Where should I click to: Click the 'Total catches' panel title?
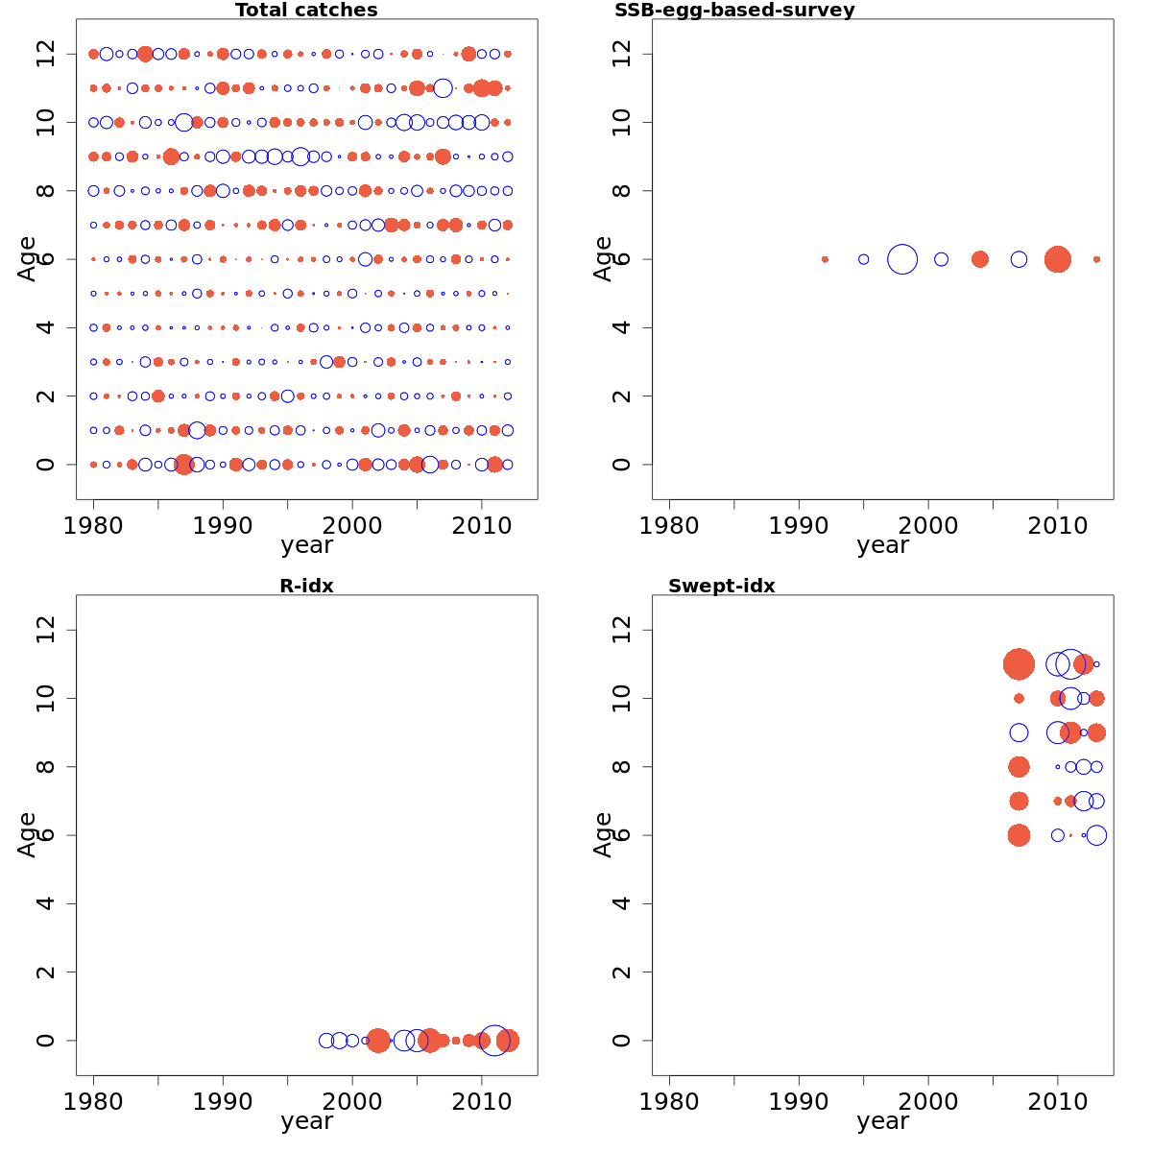point(306,11)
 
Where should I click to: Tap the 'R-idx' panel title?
point(306,586)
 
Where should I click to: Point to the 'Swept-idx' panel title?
point(721,586)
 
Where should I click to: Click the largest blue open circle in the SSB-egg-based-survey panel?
point(902,259)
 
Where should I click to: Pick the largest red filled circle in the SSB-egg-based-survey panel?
point(1057,259)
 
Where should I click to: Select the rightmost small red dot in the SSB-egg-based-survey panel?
point(1096,259)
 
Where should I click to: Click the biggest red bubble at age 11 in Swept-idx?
point(1019,664)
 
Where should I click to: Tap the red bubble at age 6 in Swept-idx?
point(1019,835)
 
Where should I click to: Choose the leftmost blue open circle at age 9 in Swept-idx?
point(1019,732)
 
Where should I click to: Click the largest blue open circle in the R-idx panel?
point(494,1040)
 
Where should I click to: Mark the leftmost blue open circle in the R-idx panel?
point(326,1040)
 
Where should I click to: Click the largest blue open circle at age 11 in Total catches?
point(443,88)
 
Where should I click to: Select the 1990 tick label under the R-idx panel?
point(223,1100)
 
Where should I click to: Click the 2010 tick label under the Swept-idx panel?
point(1057,1100)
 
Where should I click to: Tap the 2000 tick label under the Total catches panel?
point(352,524)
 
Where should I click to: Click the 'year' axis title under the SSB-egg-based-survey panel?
point(882,545)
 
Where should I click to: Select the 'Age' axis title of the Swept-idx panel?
point(603,834)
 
